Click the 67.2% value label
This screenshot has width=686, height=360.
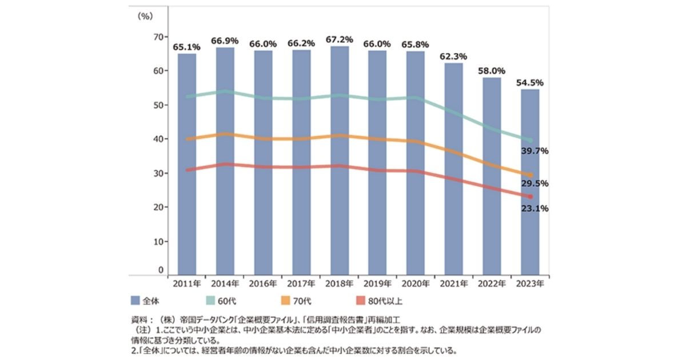[340, 41]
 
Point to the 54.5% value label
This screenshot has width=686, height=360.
[530, 83]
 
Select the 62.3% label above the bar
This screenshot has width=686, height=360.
[454, 57]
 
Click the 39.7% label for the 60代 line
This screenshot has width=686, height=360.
[535, 151]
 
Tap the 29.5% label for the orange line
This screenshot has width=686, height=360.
[535, 184]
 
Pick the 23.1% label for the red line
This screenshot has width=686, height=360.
[535, 209]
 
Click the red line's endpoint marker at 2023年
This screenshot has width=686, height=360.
[530, 197]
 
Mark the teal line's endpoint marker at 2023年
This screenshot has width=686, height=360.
[530, 140]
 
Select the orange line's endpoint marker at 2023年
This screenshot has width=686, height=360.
[530, 175]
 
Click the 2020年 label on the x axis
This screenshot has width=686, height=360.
[416, 283]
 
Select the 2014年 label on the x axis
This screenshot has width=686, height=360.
[225, 283]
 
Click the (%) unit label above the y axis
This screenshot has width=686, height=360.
[145, 17]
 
